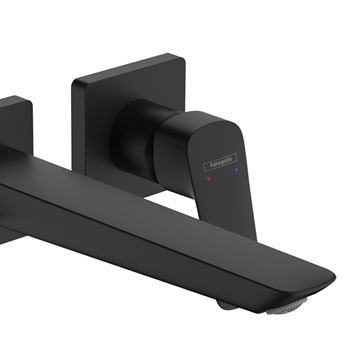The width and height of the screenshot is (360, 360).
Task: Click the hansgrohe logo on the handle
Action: click(x=220, y=162)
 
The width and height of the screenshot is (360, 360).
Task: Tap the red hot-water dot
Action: click(x=209, y=179)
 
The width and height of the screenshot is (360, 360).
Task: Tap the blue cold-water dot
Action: click(x=236, y=170)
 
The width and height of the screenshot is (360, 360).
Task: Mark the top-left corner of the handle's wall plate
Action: click(x=73, y=81)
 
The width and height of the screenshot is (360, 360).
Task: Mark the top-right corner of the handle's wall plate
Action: click(x=182, y=56)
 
